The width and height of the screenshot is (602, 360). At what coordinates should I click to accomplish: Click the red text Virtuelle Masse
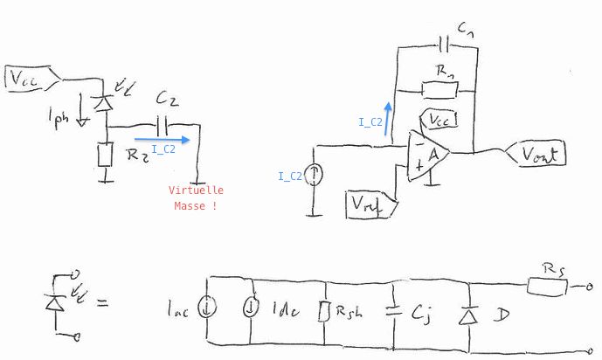[197, 197]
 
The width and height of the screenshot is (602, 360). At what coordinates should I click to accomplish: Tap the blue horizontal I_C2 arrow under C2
[162, 138]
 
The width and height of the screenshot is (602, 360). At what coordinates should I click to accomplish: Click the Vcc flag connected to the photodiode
[30, 79]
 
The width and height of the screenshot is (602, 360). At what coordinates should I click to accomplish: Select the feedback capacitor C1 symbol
[446, 45]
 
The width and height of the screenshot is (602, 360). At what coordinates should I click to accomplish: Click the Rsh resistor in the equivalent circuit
[324, 311]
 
